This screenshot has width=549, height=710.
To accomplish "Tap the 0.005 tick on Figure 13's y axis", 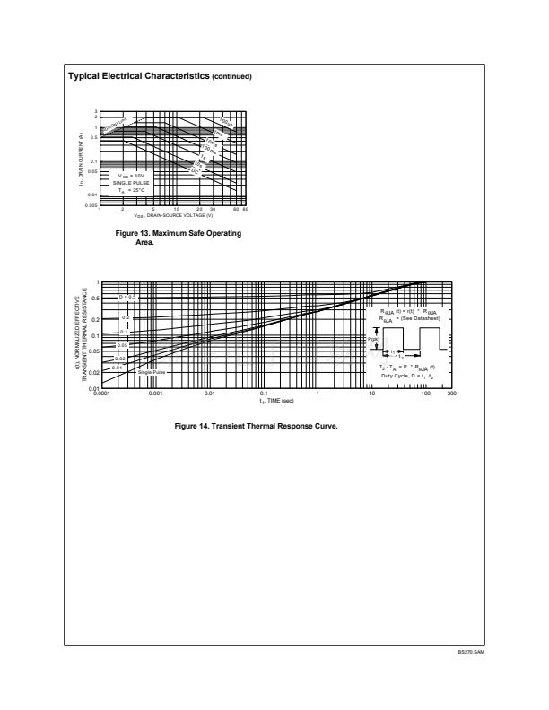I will (x=91, y=205).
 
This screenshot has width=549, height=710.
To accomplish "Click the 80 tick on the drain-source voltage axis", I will (x=245, y=210).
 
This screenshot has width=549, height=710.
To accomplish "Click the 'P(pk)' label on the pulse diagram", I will (x=373, y=340).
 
